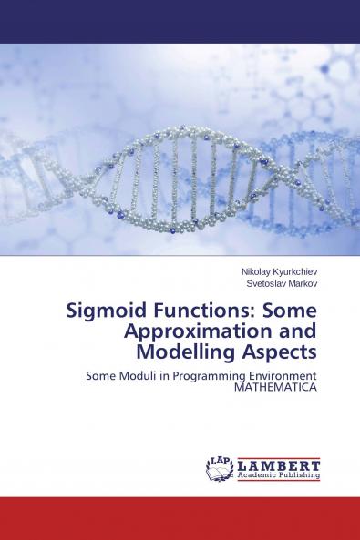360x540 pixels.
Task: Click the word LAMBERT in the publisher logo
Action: pos(278,464)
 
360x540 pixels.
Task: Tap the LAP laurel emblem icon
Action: pos(220,469)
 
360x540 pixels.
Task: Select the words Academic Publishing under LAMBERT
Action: pos(278,475)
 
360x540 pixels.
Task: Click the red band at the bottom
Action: pos(180,518)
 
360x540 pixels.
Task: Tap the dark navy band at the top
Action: pos(180,21)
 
